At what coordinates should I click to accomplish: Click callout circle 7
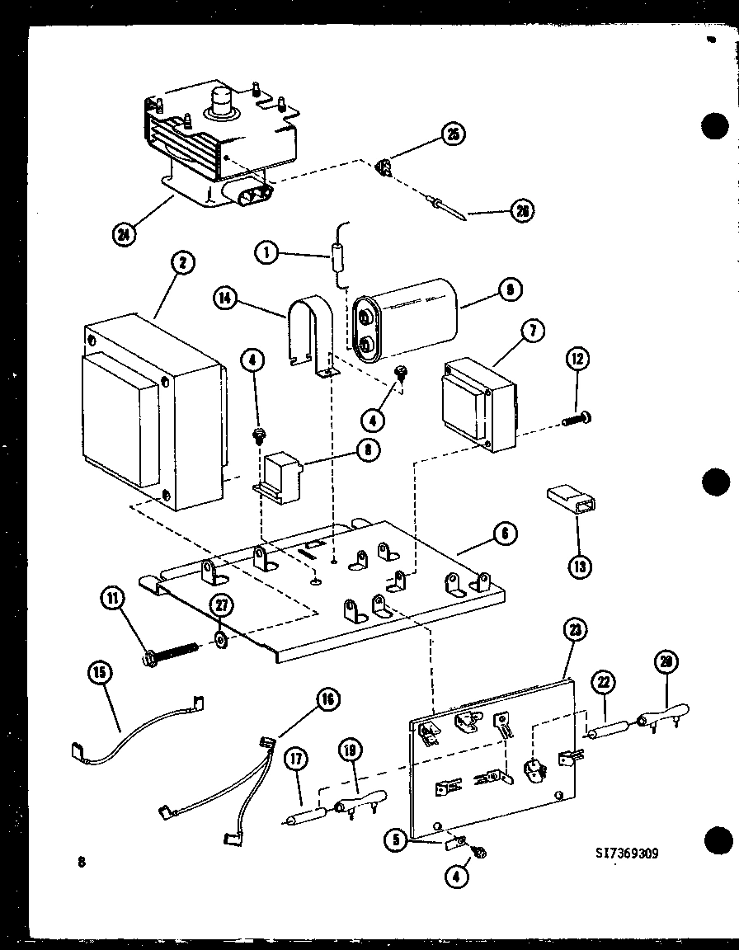(x=532, y=332)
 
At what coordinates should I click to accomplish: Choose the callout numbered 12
(x=577, y=360)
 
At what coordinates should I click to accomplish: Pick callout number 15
(x=101, y=672)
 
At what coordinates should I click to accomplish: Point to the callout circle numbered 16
(x=327, y=700)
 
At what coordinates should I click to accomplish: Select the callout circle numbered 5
(x=397, y=841)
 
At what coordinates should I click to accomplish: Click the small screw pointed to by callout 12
(x=574, y=419)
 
